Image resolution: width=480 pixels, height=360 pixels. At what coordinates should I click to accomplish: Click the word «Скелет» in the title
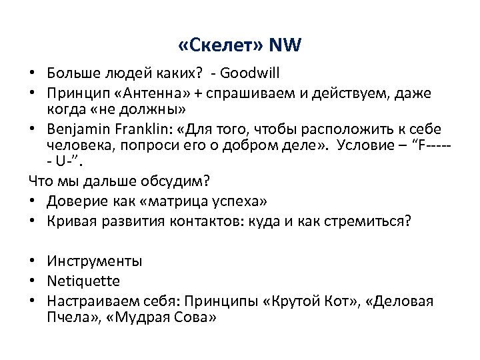220,46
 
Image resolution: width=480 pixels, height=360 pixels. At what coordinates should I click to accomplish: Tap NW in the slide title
284,46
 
